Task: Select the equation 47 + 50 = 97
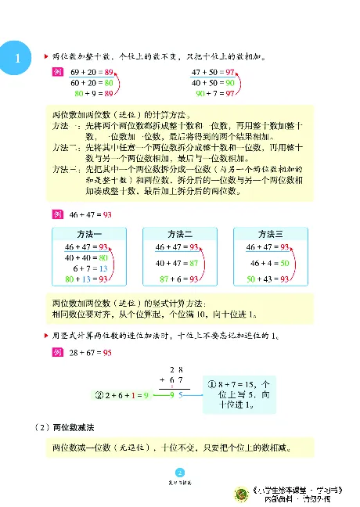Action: coord(213,70)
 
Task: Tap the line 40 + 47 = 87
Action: coord(179,262)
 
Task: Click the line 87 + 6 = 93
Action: coord(180,278)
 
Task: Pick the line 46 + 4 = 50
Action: coord(270,262)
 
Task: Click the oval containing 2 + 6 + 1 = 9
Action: coord(126,394)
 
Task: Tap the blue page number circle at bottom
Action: coord(179,471)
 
